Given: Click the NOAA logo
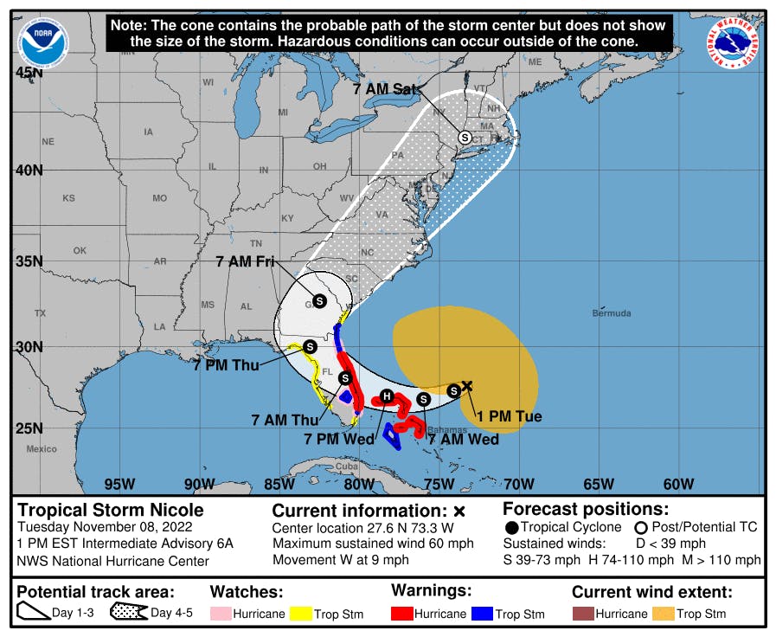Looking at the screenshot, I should click(42, 40).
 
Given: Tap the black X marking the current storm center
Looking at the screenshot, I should click(467, 386).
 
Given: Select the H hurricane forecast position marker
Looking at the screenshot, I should click(388, 396).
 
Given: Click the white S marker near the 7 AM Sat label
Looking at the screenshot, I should click(465, 137).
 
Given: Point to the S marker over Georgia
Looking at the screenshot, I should click(318, 301).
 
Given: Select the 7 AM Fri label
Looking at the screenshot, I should click(246, 262).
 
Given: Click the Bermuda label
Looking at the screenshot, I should click(612, 313).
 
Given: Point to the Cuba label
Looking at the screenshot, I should click(346, 466).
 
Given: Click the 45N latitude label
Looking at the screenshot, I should click(29, 73).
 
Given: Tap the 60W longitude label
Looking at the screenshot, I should click(678, 484).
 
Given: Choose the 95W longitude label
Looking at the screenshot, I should click(119, 484).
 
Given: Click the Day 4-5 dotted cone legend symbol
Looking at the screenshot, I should click(127, 614).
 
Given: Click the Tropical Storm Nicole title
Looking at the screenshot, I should click(111, 510).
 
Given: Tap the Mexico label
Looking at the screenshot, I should click(41, 449).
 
